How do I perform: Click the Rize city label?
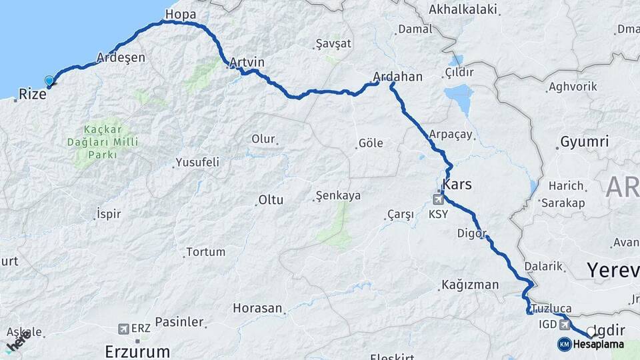(x=32, y=95)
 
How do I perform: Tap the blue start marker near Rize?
(x=49, y=81)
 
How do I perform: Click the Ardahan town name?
(x=398, y=77)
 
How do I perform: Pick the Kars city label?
(x=457, y=184)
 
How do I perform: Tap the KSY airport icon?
(x=439, y=199)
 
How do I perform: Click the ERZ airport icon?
(x=123, y=329)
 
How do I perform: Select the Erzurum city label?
(x=137, y=351)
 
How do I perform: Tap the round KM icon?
(x=565, y=344)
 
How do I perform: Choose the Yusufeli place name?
(x=197, y=162)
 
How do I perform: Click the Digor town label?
(x=471, y=233)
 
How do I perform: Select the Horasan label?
(x=257, y=309)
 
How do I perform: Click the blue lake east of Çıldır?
(x=459, y=98)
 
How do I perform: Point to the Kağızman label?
(x=470, y=285)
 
